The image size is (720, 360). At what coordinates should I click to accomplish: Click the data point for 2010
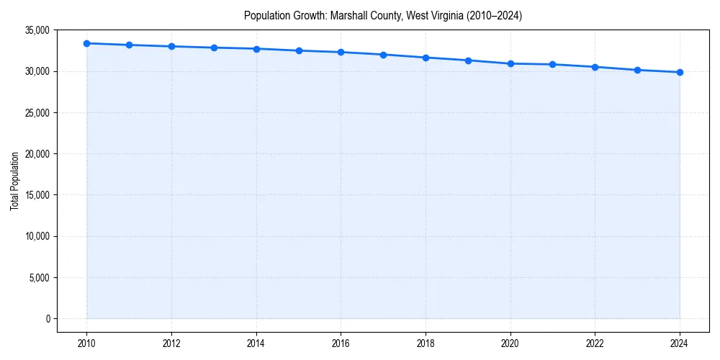(x=86, y=43)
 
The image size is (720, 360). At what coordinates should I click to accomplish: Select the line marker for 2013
(x=214, y=48)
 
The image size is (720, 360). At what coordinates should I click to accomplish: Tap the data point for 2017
(x=383, y=55)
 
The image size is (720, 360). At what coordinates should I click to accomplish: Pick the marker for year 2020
(x=510, y=63)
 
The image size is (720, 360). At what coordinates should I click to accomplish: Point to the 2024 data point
(x=680, y=72)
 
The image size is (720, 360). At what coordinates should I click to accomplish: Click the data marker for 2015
(x=299, y=50)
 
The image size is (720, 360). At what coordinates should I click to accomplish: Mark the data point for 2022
(x=595, y=67)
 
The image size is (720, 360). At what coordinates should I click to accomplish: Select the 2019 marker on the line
(x=468, y=60)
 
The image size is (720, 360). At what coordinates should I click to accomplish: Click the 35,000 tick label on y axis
(x=37, y=30)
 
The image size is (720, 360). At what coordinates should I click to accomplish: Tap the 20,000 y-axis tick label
(x=37, y=154)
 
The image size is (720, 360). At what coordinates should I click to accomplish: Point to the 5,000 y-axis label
(x=39, y=278)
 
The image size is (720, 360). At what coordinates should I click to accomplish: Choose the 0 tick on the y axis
(x=48, y=319)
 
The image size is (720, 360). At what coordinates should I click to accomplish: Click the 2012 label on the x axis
(x=171, y=343)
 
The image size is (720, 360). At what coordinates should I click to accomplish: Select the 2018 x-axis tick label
(x=426, y=343)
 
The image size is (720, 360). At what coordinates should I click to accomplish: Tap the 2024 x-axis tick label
(x=680, y=343)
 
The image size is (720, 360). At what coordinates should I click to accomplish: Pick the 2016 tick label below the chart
(x=341, y=343)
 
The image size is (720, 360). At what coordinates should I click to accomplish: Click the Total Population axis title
(x=14, y=181)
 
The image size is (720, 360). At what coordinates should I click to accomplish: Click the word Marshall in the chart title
(x=348, y=15)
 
